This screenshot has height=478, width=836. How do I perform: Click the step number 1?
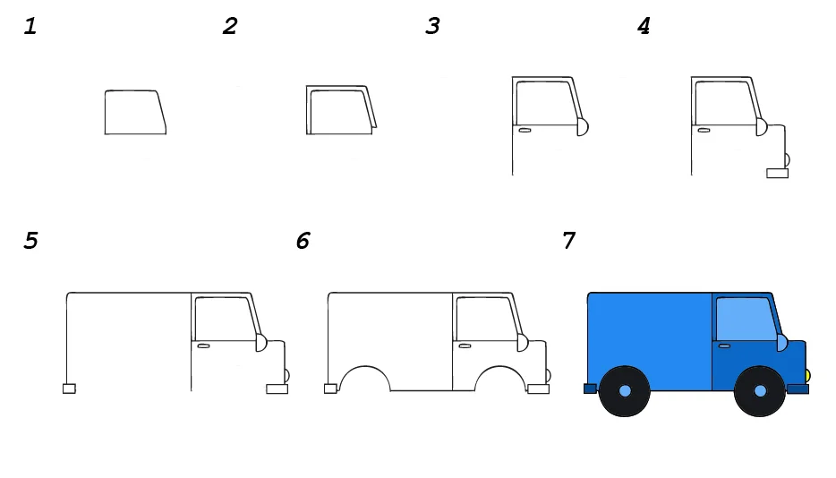[x=30, y=26]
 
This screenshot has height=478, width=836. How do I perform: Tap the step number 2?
[x=230, y=26]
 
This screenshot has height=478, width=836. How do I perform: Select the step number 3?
[x=432, y=26]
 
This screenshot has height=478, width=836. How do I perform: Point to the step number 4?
[x=644, y=26]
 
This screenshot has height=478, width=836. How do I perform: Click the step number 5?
[x=31, y=241]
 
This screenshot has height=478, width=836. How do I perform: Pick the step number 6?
[x=303, y=241]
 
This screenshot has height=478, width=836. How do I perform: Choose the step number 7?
[x=569, y=241]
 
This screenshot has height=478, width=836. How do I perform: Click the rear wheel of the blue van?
[x=625, y=391]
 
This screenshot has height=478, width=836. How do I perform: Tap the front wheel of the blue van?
[x=760, y=391]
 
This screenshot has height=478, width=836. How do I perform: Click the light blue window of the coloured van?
[x=746, y=319]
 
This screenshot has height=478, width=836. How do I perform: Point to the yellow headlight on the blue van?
[x=807, y=376]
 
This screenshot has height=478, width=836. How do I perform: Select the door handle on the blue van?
[x=725, y=346]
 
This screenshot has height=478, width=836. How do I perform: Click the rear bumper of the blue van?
[x=590, y=388]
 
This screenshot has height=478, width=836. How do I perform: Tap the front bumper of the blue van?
[x=798, y=388]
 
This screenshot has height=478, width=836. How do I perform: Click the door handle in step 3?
[x=525, y=130]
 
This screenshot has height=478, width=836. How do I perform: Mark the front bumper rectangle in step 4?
[x=777, y=173]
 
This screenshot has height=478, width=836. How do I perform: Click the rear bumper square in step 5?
[x=69, y=388]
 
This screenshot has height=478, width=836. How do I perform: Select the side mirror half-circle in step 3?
[x=583, y=127]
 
